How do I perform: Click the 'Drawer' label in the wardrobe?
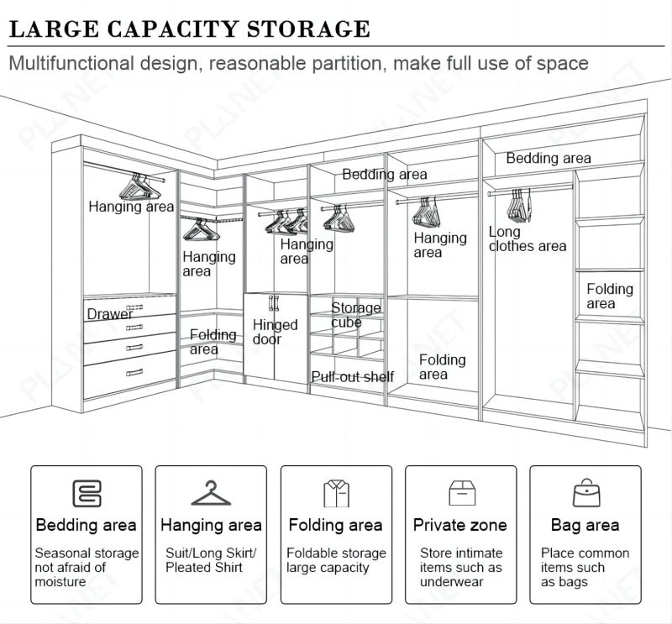pos(110,314)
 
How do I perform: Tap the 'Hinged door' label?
pos(275,332)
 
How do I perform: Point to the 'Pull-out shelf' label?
pos(352,377)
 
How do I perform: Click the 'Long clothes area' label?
pos(527,239)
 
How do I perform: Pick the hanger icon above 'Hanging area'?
pos(211,493)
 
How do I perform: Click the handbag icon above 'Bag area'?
pos(585,492)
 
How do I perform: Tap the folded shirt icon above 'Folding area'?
pos(335,493)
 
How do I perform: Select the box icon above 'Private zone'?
pos(459,493)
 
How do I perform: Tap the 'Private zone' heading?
pos(459,526)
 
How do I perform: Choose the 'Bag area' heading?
pos(585,526)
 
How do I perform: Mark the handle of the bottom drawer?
pos(134,372)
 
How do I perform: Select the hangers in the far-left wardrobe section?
pos(136,181)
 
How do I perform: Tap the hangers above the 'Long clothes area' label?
pos(520,202)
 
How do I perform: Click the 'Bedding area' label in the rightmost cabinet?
pos(548,158)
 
